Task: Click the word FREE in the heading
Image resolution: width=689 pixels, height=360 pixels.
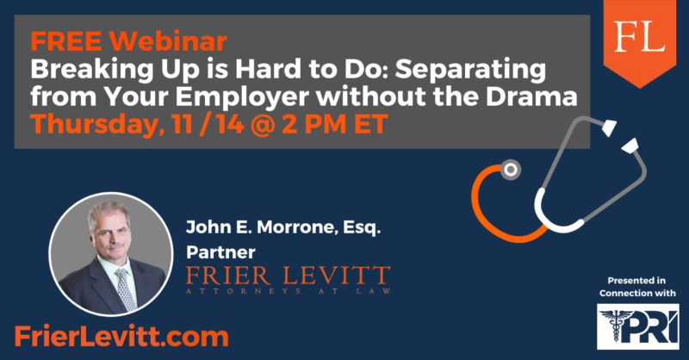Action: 65,41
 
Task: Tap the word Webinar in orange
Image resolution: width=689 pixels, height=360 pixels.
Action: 168,41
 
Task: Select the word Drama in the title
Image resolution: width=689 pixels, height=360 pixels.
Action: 531,96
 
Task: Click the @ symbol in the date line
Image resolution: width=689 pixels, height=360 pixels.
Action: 263,124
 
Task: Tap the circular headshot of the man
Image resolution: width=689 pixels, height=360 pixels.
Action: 111,254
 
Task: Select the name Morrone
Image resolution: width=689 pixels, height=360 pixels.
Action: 297,227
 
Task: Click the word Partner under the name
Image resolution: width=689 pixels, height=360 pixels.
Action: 220,252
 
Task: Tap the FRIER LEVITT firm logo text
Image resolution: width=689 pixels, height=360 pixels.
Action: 289,276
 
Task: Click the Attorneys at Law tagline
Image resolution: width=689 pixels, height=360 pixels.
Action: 289,291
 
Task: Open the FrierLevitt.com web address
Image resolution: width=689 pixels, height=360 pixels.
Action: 121,337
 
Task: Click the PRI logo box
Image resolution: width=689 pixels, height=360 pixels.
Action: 637,326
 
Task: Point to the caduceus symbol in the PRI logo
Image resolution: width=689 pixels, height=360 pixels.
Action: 616,326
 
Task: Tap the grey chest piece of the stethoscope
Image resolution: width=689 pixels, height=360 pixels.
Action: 510,170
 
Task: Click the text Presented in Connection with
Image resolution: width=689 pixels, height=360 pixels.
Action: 637,287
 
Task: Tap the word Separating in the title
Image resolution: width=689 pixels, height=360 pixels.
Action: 470,71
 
